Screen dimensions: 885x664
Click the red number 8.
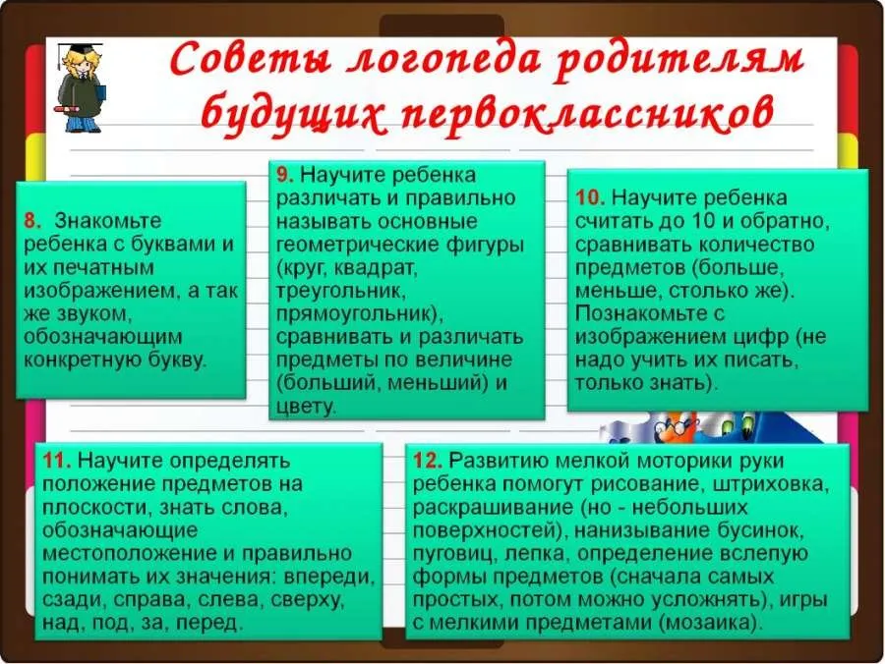(31, 220)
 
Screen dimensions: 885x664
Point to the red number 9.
(284, 174)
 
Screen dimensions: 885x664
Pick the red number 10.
(590, 197)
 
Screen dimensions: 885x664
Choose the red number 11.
(57, 460)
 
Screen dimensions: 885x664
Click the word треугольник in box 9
(341, 292)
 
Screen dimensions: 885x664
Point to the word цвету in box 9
(306, 407)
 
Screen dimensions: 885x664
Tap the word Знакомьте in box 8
(108, 220)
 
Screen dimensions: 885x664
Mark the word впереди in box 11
(329, 578)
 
